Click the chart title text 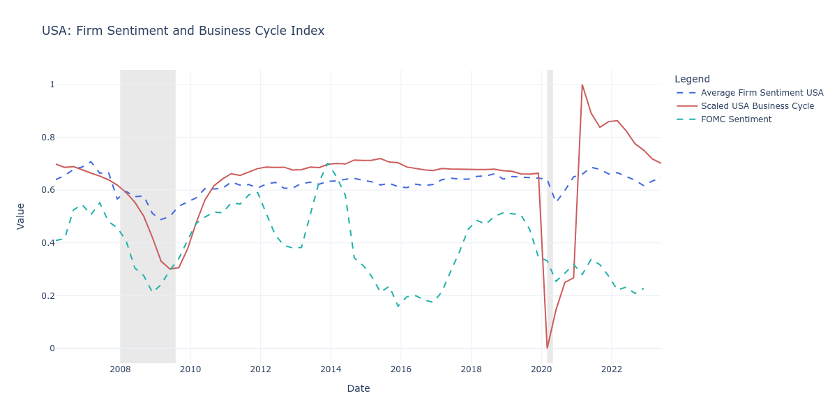coord(183,31)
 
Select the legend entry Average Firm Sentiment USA coord(762,93)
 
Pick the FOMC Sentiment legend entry coord(736,119)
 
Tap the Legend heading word coord(692,79)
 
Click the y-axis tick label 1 coord(52,84)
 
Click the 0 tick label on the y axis coord(52,348)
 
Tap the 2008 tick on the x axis coord(120,369)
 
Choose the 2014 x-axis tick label coord(331,369)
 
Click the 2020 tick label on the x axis coord(541,369)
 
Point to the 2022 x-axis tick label coord(612,369)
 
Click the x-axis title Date coord(359,388)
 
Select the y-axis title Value coord(20,216)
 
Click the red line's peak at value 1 coord(582,84)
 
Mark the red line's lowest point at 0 coord(547,348)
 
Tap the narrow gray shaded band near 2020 coord(550,209)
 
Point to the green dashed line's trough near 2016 coord(398,306)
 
